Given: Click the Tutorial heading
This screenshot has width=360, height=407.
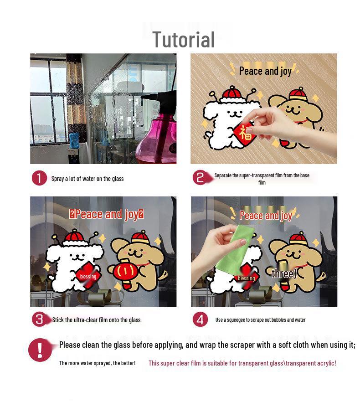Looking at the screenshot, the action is tap(184, 40).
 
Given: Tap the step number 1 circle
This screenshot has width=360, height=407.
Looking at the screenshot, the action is tap(39, 178).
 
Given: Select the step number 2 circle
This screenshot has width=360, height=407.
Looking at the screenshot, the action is tap(200, 178).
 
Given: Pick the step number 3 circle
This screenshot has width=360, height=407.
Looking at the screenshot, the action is tap(40, 319).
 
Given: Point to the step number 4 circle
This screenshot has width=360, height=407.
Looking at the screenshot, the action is tap(200, 319).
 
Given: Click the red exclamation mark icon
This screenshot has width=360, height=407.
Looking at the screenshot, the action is tap(40, 350).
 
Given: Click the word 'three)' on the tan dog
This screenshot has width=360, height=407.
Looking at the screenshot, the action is tap(284, 273).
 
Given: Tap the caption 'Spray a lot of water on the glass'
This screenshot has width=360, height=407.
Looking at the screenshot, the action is tap(87, 179).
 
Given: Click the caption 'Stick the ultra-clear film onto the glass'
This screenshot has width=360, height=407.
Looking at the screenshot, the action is tap(96, 320).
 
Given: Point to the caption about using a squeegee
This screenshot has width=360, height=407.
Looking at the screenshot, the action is tap(260, 320).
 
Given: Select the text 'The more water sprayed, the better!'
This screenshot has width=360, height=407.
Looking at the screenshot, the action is tap(98, 363).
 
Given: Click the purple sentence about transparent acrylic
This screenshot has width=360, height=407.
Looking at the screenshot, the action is tap(242, 363).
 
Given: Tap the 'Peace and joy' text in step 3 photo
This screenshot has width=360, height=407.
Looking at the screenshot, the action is tap(107, 214).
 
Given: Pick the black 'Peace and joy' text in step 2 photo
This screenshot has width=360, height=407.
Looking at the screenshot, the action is tap(265, 71).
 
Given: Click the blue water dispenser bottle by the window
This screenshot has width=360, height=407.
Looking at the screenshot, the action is tap(74, 140).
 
